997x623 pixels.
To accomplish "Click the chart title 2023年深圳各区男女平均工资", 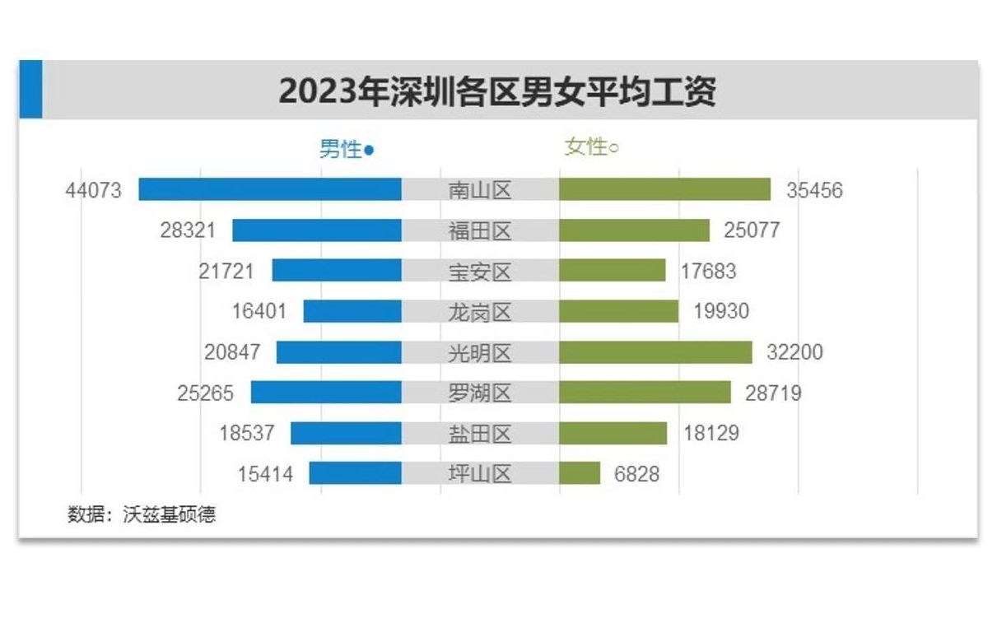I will click(x=497, y=91).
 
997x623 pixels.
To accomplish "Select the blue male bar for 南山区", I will click(x=270, y=189).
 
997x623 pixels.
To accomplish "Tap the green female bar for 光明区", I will click(x=655, y=352).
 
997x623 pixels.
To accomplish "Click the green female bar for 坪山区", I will click(x=580, y=473).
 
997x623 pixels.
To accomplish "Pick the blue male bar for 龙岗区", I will click(x=352, y=311).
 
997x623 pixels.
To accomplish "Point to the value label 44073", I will click(x=93, y=190).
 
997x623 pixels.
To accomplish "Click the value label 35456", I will click(x=814, y=190).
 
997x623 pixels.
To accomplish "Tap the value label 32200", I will click(x=794, y=353).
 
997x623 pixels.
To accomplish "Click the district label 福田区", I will click(x=480, y=231).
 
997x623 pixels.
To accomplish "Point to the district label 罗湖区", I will click(x=480, y=393).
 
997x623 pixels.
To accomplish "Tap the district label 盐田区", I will click(x=480, y=434).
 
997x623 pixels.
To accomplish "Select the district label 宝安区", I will click(x=480, y=272).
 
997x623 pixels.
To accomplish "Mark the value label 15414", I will click(x=265, y=474).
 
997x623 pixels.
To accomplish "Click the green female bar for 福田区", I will click(x=634, y=230).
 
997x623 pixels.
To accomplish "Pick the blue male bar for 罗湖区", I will click(x=326, y=393).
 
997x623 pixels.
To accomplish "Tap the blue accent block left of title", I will click(x=30, y=90).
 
